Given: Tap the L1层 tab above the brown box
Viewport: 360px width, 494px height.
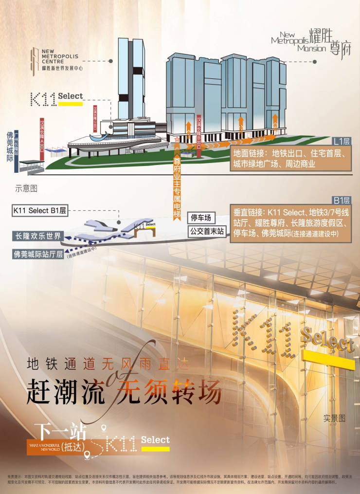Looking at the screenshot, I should click(x=341, y=142).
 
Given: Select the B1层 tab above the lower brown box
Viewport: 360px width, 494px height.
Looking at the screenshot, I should click(x=341, y=200).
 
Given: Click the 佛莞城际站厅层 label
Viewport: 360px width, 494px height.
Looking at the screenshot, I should click(x=38, y=253).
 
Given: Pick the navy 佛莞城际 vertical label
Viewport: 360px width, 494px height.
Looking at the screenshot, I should click(x=9, y=151).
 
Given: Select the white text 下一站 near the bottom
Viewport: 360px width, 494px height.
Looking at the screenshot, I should click(x=61, y=430).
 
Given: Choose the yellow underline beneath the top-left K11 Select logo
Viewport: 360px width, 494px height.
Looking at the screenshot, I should click(x=70, y=104).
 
